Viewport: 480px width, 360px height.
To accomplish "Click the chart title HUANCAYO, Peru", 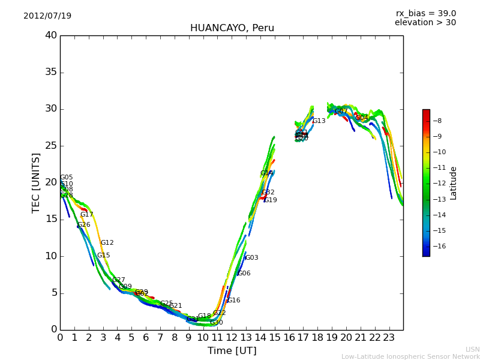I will tap(232, 28).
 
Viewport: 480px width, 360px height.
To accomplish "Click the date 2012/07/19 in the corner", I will tap(47, 16).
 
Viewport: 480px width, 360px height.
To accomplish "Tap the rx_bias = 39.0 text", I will tap(425, 13).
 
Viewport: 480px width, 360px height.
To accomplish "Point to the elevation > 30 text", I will tap(425, 23).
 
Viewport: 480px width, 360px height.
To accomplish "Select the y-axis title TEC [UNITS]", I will tap(36, 182).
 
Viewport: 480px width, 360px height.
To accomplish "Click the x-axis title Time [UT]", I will tap(232, 351).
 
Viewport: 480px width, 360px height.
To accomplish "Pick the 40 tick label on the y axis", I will tap(51, 35).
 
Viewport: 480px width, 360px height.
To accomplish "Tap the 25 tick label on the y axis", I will tap(51, 146).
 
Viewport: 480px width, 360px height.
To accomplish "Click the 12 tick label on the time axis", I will tap(232, 338).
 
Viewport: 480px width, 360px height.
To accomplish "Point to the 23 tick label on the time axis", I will tap(389, 338).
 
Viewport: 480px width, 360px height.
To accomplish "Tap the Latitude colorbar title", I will tap(454, 183).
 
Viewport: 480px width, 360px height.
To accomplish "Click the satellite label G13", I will tap(319, 121).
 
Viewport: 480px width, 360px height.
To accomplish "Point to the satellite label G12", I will tap(107, 243).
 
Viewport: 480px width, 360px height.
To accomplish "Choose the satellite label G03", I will tap(251, 258).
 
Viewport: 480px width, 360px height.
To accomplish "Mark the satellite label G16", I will tap(233, 301).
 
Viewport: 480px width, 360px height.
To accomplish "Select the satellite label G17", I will tap(86, 215).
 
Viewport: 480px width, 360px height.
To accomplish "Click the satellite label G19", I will tap(270, 200).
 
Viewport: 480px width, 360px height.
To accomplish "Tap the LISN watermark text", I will tap(472, 349).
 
